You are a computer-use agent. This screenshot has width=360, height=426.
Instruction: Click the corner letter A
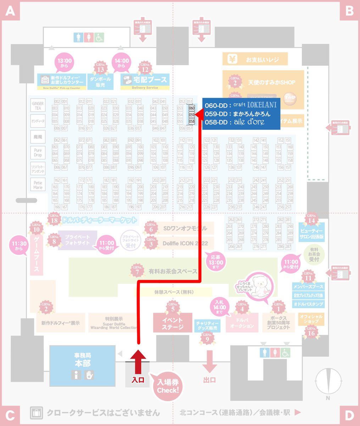point(10,11)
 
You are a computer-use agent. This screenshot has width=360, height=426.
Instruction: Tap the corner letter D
point(349,414)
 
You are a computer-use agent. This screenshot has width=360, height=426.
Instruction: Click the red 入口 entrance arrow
point(138,355)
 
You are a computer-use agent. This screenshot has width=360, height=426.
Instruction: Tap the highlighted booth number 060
point(192,108)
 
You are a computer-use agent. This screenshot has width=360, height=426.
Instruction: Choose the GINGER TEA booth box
point(38,106)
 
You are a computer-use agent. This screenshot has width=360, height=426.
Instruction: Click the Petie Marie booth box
point(38,185)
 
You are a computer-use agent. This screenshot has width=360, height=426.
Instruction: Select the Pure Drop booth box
point(38,153)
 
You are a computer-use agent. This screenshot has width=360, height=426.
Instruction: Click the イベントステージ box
point(172,323)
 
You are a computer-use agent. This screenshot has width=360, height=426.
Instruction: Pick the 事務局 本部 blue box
point(82,366)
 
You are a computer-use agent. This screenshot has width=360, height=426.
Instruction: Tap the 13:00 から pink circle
point(64,63)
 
